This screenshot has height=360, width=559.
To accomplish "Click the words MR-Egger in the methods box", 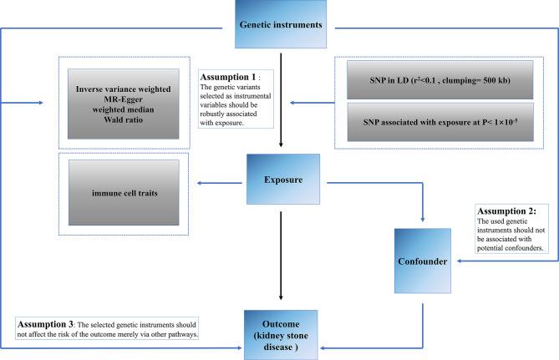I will point(125,99).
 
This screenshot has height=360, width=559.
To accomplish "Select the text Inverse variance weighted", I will point(125,88).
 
